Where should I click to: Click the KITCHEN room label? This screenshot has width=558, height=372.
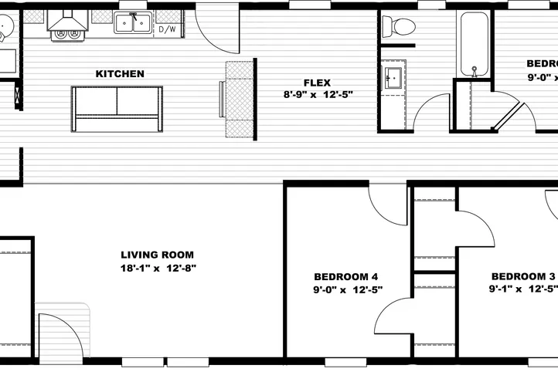coord(120,74)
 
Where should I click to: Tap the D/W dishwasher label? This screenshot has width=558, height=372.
coord(166,30)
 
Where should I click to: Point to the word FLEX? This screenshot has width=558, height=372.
coord(318,82)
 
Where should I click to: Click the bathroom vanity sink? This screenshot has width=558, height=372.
coord(392,77)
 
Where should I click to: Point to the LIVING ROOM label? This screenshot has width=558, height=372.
coord(158,255)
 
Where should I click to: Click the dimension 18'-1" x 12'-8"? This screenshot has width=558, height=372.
coord(159,269)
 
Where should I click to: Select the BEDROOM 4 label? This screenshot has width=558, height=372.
coord(346,276)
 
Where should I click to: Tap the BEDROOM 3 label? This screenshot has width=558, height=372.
coord(523,276)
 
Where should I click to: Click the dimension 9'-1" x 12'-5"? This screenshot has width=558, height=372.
coord(523,290)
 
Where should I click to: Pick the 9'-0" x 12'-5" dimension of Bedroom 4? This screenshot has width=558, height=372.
coord(348,290)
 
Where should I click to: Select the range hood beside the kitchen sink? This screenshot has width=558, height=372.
coord(66,23)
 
